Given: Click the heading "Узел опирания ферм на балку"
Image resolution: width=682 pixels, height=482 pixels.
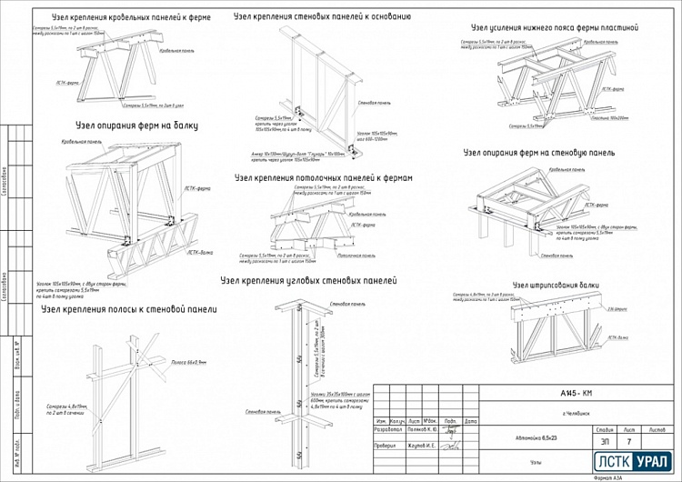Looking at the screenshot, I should point(136,126).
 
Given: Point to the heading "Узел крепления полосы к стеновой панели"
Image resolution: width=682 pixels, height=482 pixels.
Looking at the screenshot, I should point(129,309).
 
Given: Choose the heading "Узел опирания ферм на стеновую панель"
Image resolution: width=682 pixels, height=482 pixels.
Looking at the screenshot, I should point(538,153).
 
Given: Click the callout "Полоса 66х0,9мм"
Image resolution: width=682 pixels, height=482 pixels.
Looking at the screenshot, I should point(189,362).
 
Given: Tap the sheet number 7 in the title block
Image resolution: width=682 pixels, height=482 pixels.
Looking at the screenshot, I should point(628,440).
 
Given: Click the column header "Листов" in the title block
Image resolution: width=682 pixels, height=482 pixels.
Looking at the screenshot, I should point(655,427).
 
